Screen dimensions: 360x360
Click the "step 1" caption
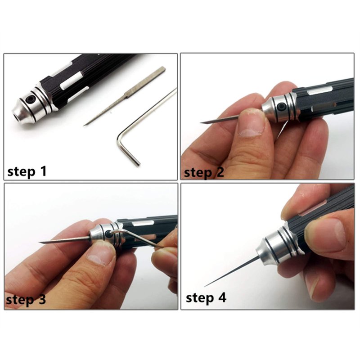click(27, 171)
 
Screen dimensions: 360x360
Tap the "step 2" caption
click(204, 172)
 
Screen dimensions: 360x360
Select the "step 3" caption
click(26, 300)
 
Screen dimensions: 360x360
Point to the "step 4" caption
click(206, 298)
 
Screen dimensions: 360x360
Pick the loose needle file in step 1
click(125, 96)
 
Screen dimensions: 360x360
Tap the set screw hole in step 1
click(30, 99)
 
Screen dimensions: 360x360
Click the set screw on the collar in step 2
click(281, 107)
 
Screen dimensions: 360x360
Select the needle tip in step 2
click(201, 123)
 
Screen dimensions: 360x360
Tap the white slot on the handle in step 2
click(319, 91)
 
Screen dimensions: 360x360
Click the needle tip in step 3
click(40, 243)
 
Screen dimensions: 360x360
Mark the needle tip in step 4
click(205, 286)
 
